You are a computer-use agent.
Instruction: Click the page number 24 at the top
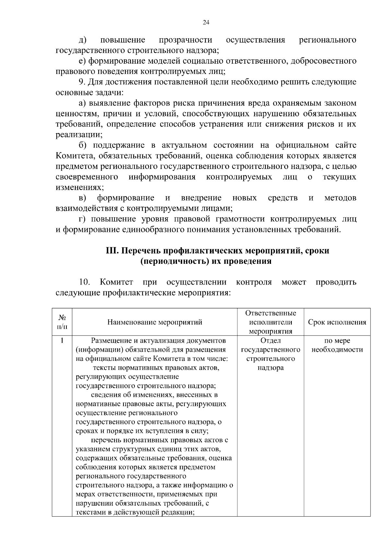206,22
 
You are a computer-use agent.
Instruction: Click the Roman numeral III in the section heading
112,251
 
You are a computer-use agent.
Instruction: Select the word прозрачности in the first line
185,40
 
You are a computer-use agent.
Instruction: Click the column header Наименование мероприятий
155,322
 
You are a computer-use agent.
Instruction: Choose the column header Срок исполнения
337,322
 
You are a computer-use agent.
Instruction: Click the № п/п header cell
62,322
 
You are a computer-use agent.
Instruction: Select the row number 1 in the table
62,340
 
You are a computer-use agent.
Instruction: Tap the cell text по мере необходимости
337,345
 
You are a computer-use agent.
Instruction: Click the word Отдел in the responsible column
270,341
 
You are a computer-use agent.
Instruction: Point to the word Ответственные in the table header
270,313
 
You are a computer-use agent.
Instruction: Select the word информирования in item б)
162,177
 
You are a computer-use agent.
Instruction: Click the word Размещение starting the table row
110,341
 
